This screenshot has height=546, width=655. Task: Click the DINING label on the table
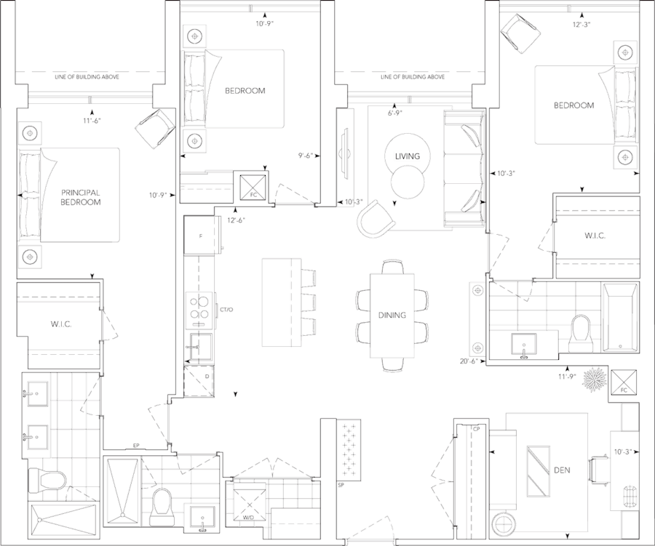(392, 316)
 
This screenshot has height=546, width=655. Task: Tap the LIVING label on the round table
(402, 156)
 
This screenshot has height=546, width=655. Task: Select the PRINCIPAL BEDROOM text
(80, 198)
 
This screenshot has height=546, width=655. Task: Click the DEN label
(561, 470)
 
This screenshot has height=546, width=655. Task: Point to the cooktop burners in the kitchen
(199, 308)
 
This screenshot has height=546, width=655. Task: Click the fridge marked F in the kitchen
(200, 234)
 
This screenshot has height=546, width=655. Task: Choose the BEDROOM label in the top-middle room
(245, 91)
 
